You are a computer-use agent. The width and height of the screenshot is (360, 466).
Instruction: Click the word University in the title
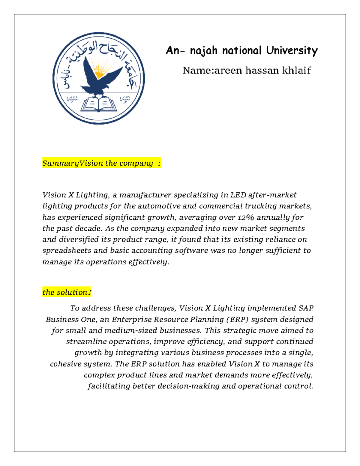click(x=292, y=50)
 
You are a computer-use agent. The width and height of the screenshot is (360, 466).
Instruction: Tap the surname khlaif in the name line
click(x=296, y=71)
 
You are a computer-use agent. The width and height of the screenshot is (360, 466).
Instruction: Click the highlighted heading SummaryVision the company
click(x=101, y=163)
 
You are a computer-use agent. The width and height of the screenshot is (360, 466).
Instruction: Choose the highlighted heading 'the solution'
click(x=66, y=292)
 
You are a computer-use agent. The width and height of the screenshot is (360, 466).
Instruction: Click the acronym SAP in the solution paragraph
click(x=306, y=308)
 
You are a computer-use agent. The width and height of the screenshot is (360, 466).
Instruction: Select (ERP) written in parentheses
click(x=237, y=320)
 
